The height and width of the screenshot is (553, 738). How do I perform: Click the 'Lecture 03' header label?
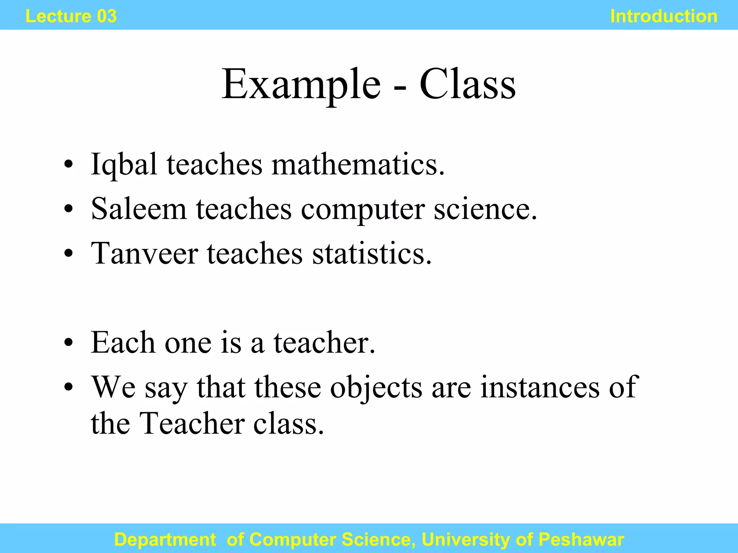71,16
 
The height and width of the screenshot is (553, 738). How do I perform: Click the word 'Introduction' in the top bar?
664,16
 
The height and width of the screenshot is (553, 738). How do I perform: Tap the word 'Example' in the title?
301,85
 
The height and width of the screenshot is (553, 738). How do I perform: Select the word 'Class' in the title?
467,84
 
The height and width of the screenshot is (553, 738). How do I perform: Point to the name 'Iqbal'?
124,165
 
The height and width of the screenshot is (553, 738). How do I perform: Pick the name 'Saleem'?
139,209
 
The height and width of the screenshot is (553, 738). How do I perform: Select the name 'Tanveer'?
145,253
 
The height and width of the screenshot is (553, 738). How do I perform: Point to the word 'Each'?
123,342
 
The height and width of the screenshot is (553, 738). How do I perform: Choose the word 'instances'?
540,387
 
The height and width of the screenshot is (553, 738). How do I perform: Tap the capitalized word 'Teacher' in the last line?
192,423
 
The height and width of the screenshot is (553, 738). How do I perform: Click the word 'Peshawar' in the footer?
581,540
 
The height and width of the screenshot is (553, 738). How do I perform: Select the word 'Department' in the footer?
165,540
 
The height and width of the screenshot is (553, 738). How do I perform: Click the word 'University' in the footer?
466,540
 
